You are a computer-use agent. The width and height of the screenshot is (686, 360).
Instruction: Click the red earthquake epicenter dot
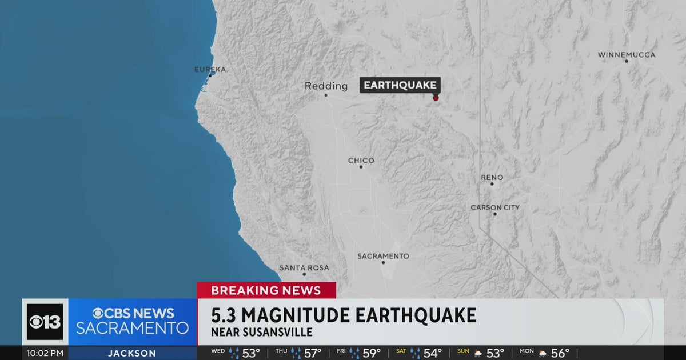(436, 98)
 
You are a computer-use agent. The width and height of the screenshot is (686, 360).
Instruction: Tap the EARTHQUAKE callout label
(400, 86)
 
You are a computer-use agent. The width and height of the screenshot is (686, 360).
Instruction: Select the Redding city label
(326, 86)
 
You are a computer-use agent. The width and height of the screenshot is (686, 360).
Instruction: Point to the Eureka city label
(210, 69)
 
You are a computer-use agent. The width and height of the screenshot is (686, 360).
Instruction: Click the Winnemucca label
(627, 55)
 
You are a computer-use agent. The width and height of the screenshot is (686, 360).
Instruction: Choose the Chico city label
(361, 161)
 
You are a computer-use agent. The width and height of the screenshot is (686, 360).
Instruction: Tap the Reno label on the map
(492, 178)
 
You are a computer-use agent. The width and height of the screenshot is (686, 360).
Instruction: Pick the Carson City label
(494, 207)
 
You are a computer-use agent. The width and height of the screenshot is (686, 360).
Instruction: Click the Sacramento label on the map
(383, 256)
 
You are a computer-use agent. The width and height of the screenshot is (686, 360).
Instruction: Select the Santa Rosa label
(304, 267)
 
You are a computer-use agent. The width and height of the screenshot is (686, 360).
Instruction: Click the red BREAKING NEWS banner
(266, 290)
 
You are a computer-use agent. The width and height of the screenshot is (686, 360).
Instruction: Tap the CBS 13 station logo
(45, 322)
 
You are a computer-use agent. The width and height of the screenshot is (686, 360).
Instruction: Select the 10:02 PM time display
(45, 353)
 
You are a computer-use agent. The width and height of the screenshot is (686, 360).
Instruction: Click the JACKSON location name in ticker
(132, 353)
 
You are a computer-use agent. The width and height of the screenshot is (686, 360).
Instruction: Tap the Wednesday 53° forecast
(236, 353)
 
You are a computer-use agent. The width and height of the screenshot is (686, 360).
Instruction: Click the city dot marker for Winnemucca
(626, 61)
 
